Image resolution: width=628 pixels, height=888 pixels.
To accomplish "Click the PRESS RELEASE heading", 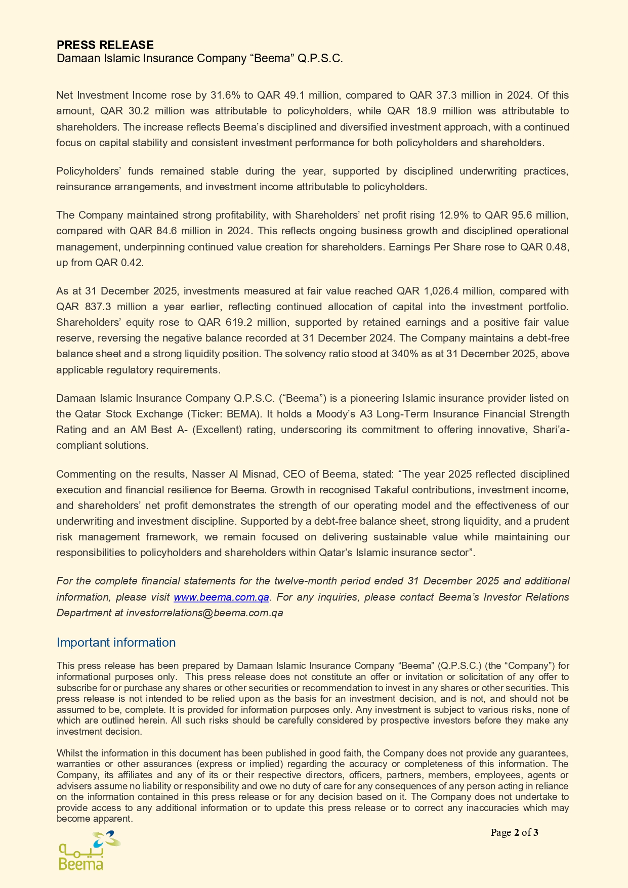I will (105, 45).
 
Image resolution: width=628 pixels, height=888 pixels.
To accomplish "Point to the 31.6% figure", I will (224, 95).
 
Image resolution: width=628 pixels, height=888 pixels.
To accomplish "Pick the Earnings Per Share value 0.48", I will (559, 247).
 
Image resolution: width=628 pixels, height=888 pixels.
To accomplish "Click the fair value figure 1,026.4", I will (443, 291).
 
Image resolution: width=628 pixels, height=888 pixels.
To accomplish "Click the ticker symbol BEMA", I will (242, 414).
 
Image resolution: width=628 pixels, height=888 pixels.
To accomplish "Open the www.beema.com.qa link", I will (221, 597).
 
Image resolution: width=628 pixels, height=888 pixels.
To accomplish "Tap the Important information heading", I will (116, 643).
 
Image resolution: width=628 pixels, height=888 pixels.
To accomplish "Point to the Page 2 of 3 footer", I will (514, 832).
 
